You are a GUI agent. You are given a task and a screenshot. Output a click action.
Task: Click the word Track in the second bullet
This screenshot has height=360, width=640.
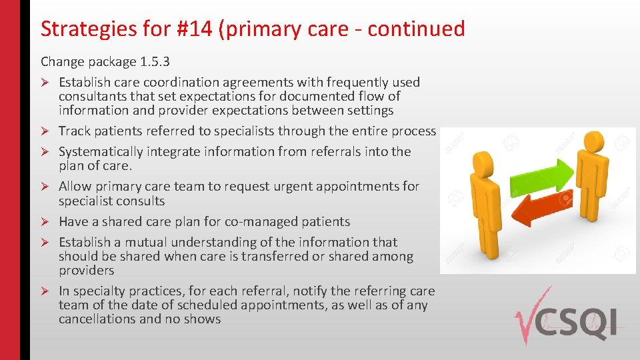74,131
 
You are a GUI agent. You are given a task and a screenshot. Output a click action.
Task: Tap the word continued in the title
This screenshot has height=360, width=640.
416,29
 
